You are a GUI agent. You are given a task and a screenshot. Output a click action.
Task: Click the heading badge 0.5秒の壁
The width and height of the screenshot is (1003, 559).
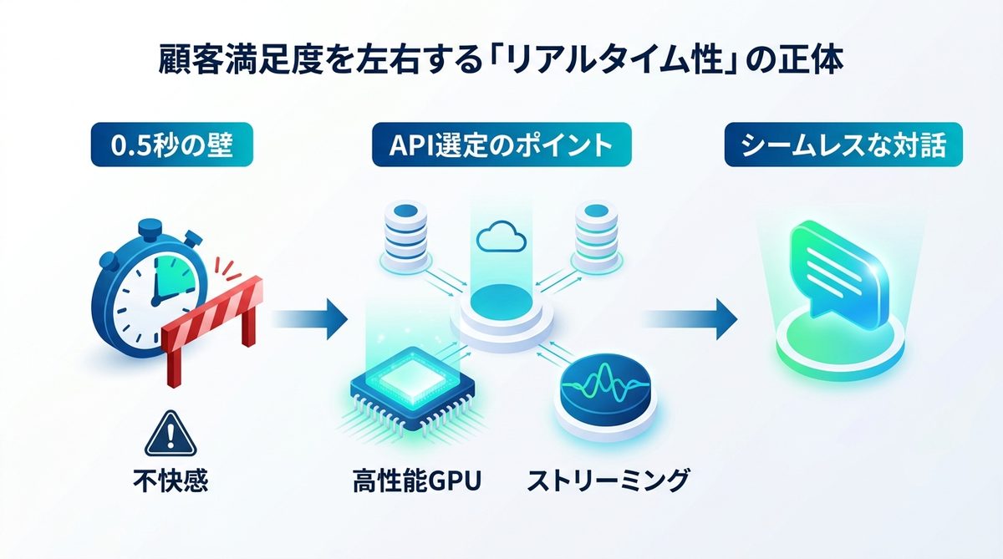[x=171, y=145]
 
